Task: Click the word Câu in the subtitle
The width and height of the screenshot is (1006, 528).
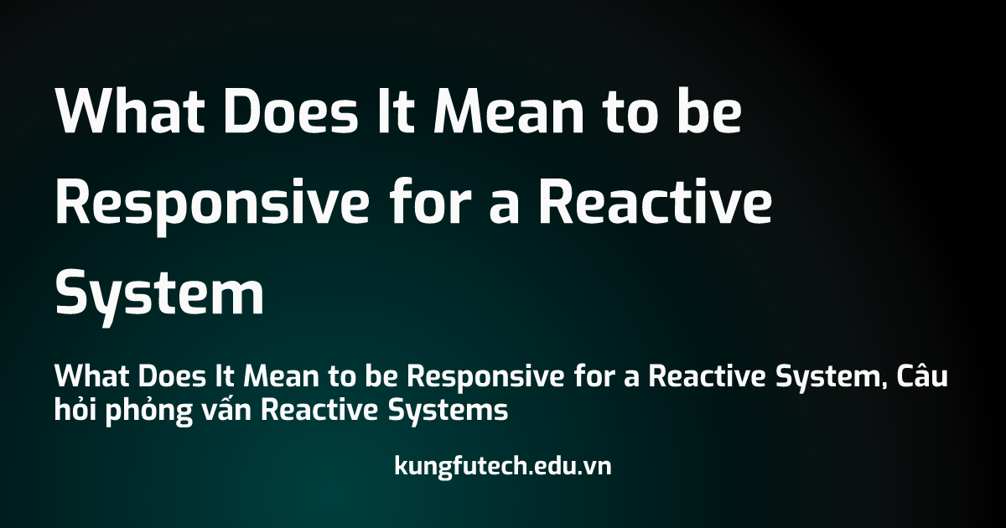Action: point(921,378)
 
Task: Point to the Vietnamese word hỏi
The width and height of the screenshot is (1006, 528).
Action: point(75,410)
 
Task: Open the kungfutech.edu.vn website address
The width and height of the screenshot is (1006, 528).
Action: point(502,466)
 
